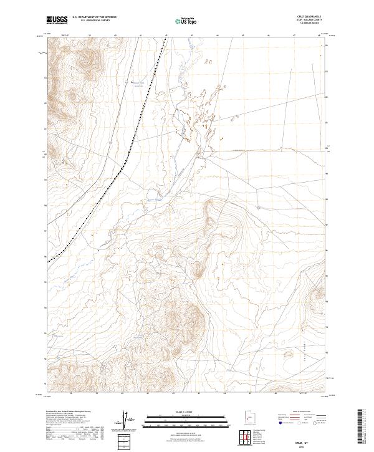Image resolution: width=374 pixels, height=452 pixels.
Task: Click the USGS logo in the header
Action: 57,20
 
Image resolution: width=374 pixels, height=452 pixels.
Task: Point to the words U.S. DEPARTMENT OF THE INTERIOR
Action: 94,17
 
